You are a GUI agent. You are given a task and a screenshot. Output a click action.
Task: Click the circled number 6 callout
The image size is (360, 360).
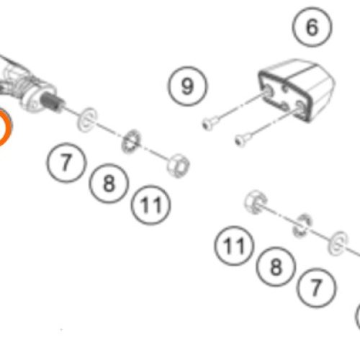click(x=312, y=27)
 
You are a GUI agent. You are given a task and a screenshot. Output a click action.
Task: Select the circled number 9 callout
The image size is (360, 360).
click(x=187, y=86)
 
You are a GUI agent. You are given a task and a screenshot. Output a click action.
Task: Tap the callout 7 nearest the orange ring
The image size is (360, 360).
click(x=66, y=162)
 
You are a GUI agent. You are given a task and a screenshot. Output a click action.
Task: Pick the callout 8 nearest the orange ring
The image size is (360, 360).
click(x=109, y=184)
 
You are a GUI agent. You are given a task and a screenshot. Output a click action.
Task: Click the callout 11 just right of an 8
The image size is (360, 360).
click(x=151, y=204)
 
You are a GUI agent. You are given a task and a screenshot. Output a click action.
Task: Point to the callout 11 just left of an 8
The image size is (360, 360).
click(x=234, y=246)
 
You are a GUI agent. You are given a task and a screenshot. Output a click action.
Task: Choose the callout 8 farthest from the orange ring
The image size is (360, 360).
click(x=276, y=266)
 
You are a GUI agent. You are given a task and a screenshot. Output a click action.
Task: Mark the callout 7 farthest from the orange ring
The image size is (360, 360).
click(x=316, y=288)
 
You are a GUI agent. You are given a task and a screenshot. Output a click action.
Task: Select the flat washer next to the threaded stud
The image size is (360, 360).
click(x=87, y=120)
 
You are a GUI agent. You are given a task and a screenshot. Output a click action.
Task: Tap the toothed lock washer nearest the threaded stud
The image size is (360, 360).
click(x=131, y=141)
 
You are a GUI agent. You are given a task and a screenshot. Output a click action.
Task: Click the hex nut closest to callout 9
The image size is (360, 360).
click(x=178, y=166)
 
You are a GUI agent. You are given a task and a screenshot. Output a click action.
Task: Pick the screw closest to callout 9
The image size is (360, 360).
click(x=210, y=124)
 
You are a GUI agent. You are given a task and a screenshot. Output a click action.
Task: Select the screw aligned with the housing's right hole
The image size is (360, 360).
click(x=243, y=140)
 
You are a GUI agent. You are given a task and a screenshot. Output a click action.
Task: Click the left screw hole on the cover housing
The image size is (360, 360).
click(x=267, y=91)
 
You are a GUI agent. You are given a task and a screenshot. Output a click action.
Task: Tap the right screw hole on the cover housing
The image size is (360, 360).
click(x=300, y=106)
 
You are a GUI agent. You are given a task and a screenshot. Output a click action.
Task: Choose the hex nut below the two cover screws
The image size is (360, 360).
click(x=256, y=202)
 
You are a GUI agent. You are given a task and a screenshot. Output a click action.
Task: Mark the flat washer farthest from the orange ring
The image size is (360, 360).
click(x=338, y=243)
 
